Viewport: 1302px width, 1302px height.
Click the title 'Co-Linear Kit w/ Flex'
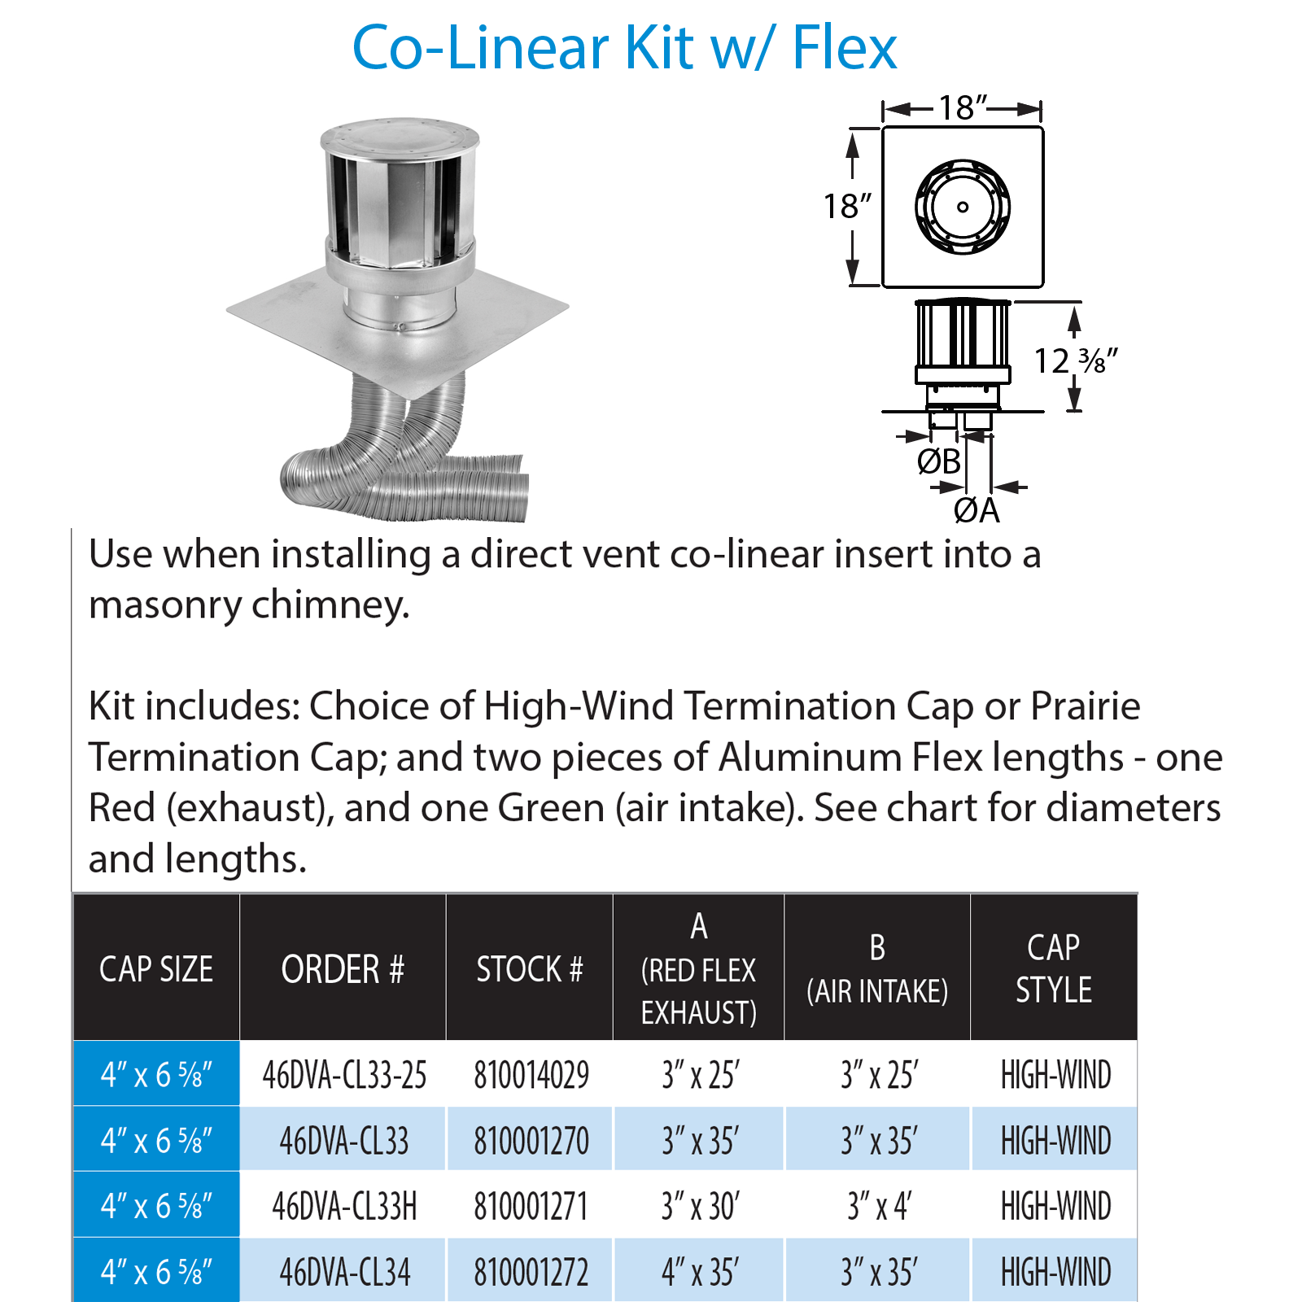click(x=624, y=48)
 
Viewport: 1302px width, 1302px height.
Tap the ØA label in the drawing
click(x=976, y=510)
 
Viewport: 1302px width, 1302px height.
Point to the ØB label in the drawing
click(x=939, y=461)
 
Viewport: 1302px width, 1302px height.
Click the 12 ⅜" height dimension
click(x=1076, y=360)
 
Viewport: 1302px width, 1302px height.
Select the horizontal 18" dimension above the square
click(x=963, y=107)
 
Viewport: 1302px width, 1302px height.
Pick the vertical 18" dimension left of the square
click(x=846, y=206)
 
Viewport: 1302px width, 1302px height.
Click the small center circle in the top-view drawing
click(x=963, y=207)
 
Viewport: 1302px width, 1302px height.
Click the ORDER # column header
click(x=343, y=969)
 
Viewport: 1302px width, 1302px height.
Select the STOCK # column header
click(x=530, y=969)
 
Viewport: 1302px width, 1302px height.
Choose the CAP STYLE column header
click(x=1054, y=968)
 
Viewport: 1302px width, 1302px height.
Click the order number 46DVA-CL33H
click(x=344, y=1206)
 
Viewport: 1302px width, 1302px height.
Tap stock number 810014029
click(x=531, y=1075)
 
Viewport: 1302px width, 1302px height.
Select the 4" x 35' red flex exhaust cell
click(x=700, y=1272)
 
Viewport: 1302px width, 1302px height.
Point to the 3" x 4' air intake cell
click(x=879, y=1206)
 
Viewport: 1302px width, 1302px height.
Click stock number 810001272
click(x=531, y=1272)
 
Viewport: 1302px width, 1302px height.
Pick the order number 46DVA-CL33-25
click(x=344, y=1075)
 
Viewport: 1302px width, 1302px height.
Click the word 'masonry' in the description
click(x=165, y=605)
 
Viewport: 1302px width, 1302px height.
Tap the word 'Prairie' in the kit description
click(x=1086, y=706)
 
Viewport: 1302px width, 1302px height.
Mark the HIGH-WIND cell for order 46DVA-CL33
click(x=1055, y=1140)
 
